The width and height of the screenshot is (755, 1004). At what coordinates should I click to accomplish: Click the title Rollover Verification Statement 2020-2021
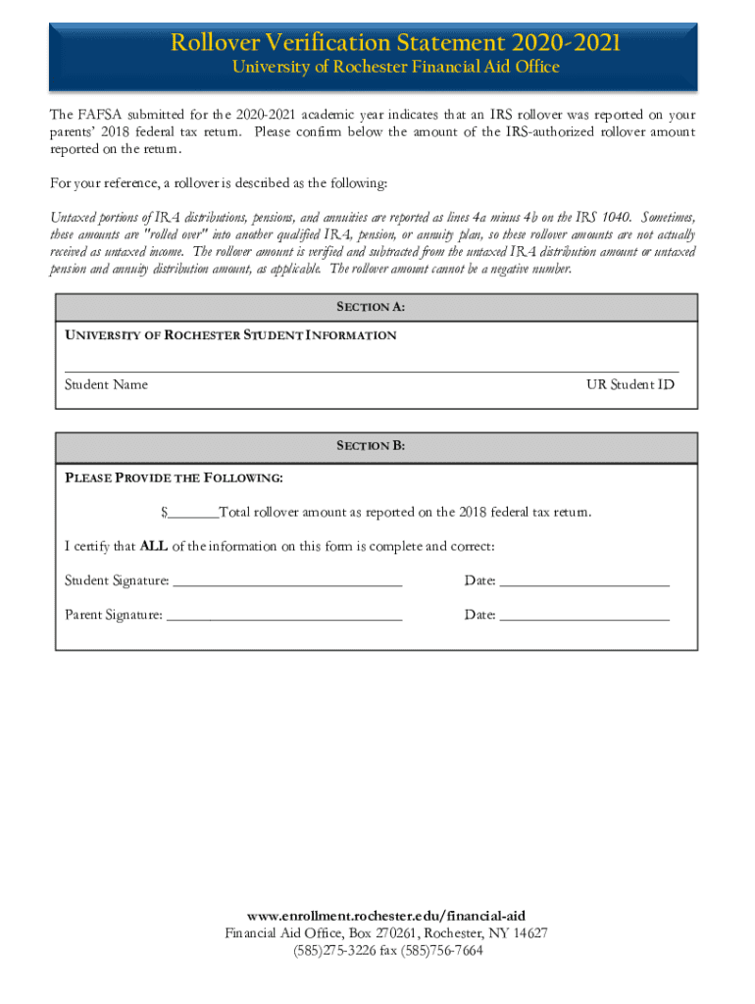click(x=395, y=43)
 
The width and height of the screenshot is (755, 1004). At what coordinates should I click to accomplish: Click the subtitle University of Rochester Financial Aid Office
click(x=395, y=68)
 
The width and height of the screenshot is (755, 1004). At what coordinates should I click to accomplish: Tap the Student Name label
click(x=106, y=384)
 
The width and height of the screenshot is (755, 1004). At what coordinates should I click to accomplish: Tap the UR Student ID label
click(x=630, y=384)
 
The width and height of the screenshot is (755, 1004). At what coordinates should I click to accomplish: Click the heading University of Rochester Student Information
click(x=230, y=335)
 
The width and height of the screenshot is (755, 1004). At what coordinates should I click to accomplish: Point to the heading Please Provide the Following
click(x=174, y=478)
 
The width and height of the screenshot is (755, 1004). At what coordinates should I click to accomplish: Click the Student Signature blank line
click(x=287, y=583)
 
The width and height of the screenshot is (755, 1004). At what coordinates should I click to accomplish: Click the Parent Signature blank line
click(x=284, y=618)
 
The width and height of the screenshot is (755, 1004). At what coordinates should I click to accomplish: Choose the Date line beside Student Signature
click(x=584, y=583)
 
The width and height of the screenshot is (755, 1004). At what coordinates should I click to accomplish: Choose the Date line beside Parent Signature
click(x=584, y=618)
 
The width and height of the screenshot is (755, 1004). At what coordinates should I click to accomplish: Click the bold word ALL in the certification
click(x=154, y=546)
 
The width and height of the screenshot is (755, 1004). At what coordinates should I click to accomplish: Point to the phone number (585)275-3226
click(x=332, y=950)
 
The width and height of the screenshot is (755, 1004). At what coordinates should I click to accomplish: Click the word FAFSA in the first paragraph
click(x=99, y=115)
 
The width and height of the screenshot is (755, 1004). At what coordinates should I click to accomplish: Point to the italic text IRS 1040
click(x=601, y=218)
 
